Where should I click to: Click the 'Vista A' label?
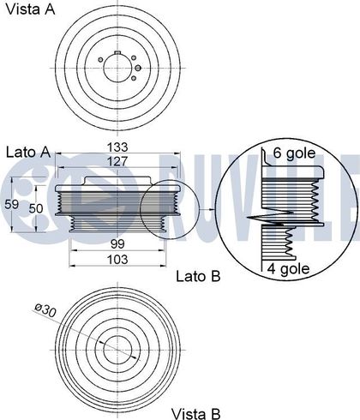30,9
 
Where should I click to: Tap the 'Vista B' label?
195,413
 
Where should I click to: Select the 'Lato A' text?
28,153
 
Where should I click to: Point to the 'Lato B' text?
198,276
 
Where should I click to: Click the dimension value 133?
117,147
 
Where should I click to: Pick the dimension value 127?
117,162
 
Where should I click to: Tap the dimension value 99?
117,243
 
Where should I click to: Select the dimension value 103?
117,260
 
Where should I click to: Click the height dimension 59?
12,205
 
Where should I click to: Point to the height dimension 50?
36,208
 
